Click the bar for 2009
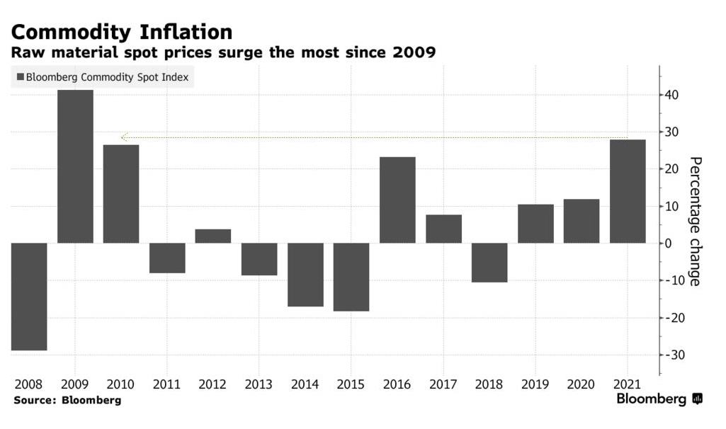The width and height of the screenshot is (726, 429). coord(75,166)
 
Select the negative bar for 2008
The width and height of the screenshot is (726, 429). coord(29,297)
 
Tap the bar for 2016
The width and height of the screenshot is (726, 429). coord(397,200)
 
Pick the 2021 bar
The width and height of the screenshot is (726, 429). coord(628,191)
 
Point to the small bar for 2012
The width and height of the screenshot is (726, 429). coord(213,236)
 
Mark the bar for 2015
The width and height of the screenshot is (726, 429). coord(351,277)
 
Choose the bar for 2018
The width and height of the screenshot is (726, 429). coord(489,263)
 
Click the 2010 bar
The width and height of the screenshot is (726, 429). coord(121,194)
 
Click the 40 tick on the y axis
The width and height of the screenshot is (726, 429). coord(672,95)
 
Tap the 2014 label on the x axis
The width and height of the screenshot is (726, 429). coord(305,384)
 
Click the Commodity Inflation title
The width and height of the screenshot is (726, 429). coord(121,32)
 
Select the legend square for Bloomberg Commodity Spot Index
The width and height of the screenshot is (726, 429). coord(20,77)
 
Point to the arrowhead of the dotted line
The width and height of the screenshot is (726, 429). coord(124,137)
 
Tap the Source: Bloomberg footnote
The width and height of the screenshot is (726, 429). coord(67,400)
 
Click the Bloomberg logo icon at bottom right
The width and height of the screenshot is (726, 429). coord(697,399)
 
